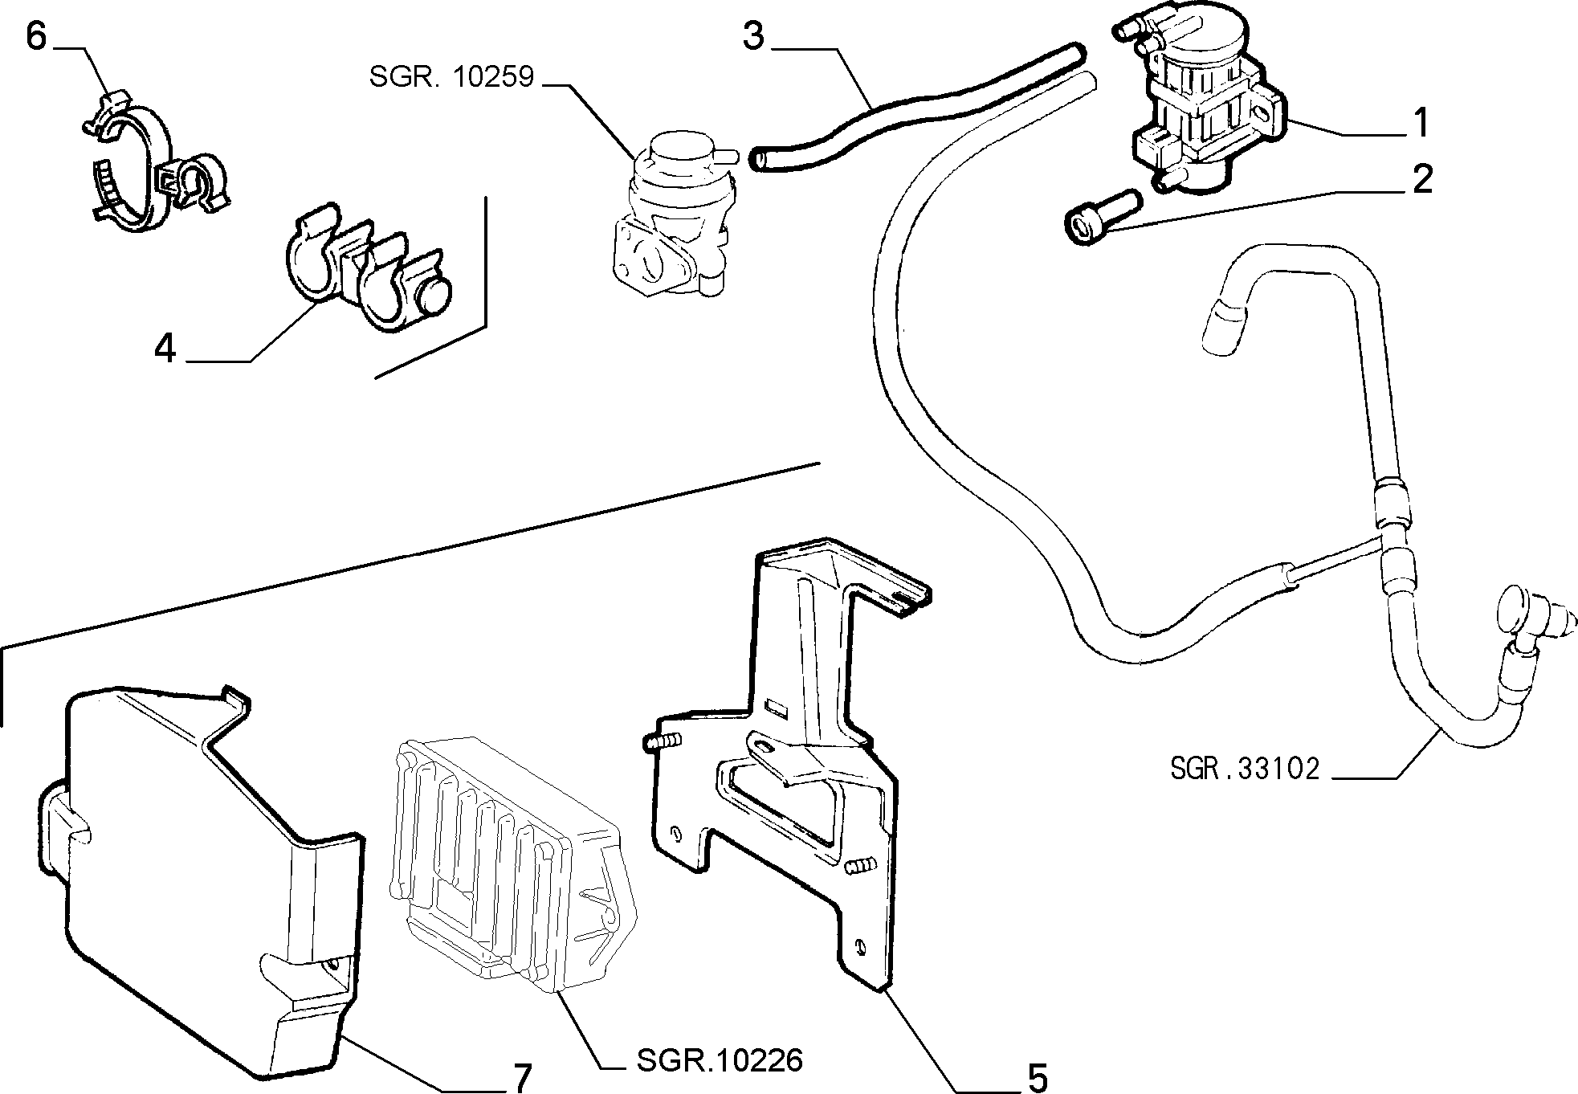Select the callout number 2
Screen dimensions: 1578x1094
pos(1421,179)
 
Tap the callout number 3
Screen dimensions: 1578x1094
pos(752,36)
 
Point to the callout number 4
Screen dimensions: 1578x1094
pos(165,349)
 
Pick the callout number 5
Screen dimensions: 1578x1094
pos(1037,1077)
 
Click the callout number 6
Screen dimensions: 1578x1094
pos(37,36)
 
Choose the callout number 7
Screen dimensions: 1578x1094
pos(521,1077)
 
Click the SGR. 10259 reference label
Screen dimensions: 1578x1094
pos(451,77)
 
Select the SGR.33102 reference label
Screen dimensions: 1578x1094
pos(1244,769)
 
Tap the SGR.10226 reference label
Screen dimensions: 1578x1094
pos(719,1060)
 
